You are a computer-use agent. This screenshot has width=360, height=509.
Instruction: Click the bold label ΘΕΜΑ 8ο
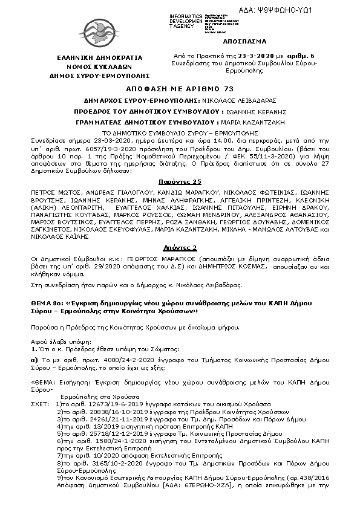click(x=45, y=307)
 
